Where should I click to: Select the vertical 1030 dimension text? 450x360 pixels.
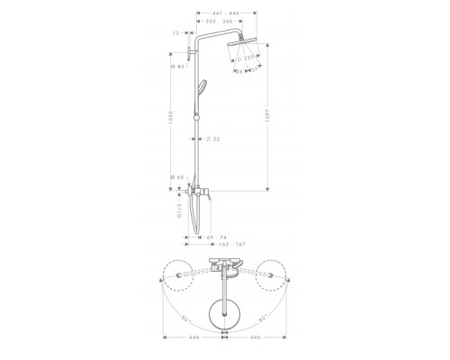pos(174,121)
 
